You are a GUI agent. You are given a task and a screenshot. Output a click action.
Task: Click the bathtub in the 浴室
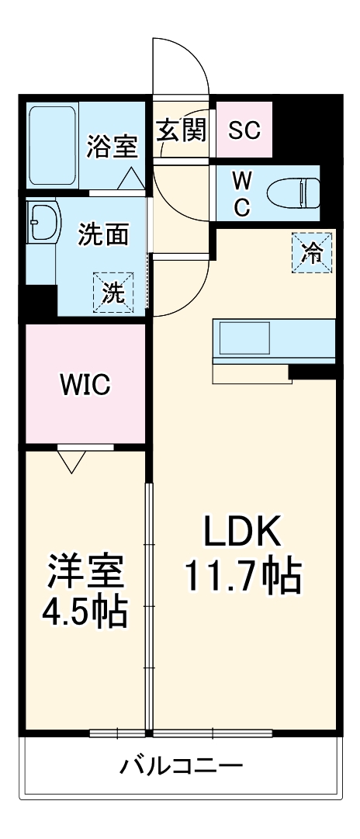53,146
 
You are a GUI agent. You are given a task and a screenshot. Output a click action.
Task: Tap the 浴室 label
112,147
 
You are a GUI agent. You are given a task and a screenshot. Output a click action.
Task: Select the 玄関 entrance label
182,130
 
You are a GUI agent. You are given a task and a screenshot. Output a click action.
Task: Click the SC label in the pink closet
244,130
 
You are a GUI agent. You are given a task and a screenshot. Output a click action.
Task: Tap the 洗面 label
103,234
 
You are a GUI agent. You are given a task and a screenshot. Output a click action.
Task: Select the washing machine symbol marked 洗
113,293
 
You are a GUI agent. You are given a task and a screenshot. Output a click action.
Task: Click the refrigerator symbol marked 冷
310,253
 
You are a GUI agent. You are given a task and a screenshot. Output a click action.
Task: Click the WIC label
86,384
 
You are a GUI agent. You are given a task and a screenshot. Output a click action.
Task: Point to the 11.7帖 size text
241,575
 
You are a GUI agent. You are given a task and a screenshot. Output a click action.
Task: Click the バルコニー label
180,767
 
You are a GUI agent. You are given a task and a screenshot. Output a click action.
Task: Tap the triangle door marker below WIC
72,463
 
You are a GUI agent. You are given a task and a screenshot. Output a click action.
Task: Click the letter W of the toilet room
243,180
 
